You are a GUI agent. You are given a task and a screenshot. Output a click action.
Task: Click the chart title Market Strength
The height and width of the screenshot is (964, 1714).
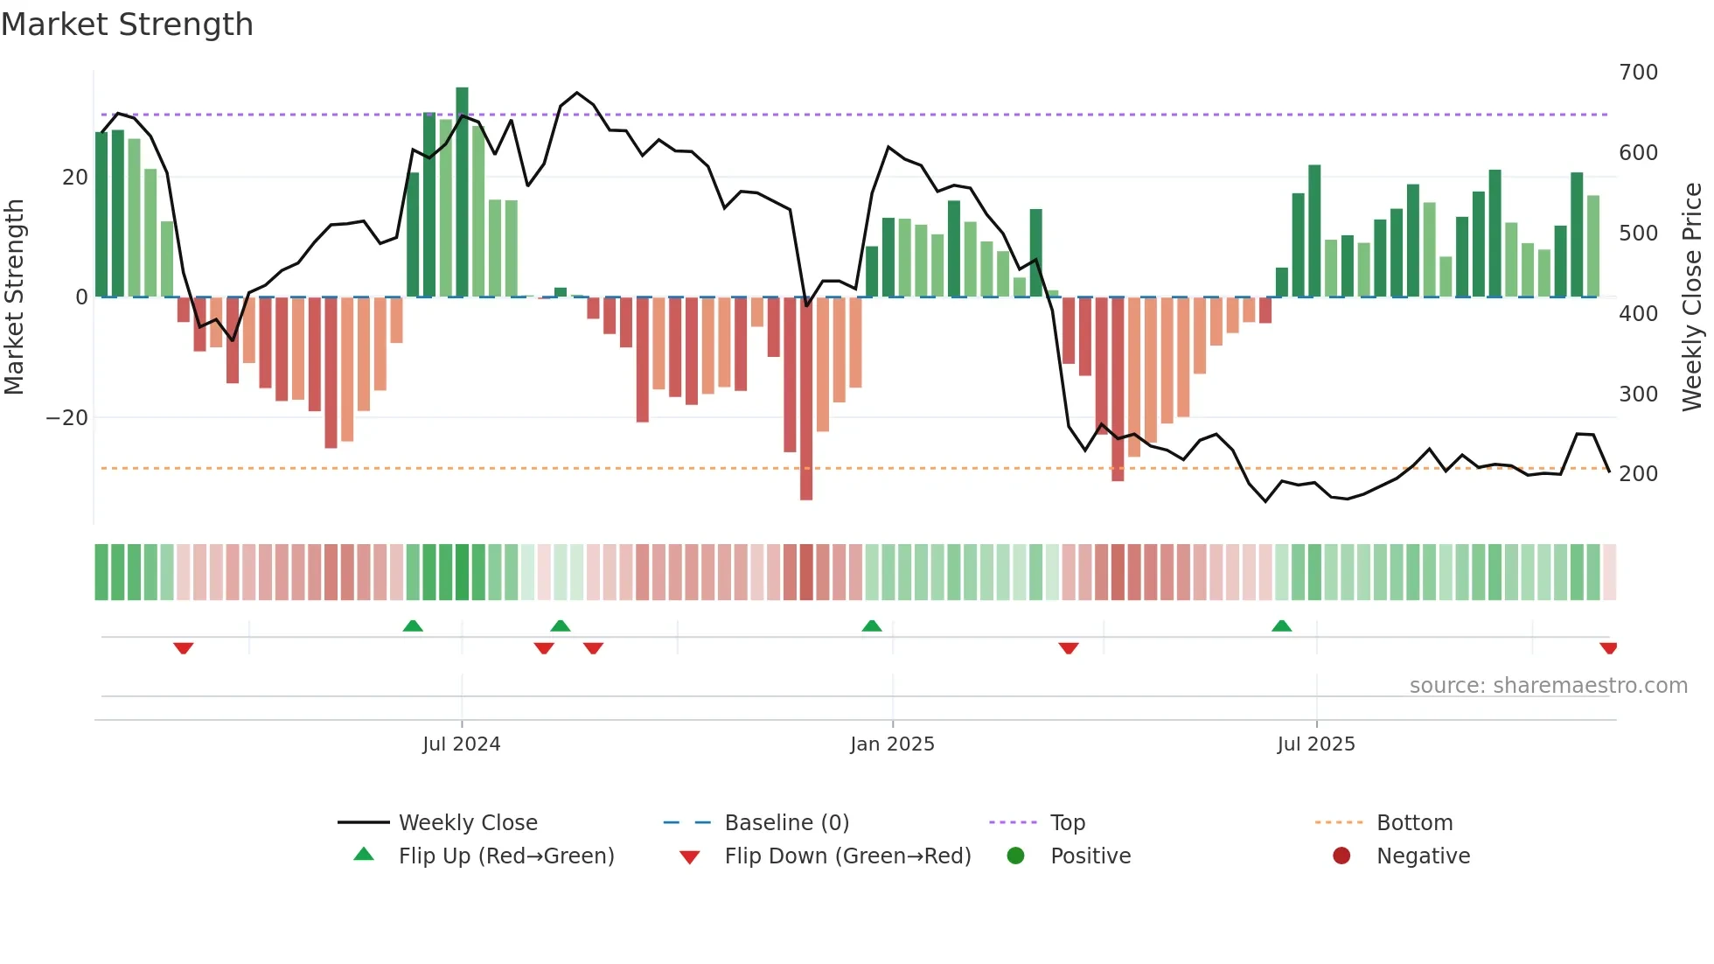(127, 24)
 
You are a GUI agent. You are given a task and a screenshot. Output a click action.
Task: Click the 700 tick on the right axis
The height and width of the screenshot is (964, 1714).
(1638, 73)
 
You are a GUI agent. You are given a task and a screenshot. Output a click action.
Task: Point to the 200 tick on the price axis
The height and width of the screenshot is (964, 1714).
(1638, 474)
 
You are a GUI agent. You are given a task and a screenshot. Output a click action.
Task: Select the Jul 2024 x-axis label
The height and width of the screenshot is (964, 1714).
(461, 744)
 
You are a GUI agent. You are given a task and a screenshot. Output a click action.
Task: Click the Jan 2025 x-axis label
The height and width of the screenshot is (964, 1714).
(892, 744)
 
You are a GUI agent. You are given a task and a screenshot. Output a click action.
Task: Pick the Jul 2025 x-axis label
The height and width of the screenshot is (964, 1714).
(1315, 744)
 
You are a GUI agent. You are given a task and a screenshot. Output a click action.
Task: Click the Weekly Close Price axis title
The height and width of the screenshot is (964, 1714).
(1692, 297)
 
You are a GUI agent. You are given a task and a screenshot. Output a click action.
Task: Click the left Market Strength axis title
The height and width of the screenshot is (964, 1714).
(14, 297)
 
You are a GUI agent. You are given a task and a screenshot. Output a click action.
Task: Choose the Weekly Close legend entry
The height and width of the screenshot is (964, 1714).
(467, 823)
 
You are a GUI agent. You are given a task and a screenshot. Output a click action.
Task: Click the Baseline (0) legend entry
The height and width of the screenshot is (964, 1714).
(786, 823)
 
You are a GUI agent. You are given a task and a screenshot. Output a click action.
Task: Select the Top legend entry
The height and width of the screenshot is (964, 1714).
(1067, 823)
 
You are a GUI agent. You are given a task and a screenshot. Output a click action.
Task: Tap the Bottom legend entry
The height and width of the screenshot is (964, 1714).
(1414, 823)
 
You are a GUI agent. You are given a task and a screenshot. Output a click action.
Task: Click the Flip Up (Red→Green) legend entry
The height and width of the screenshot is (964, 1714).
(505, 856)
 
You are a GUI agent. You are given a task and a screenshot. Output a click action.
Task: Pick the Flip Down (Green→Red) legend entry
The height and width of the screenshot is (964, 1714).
(847, 856)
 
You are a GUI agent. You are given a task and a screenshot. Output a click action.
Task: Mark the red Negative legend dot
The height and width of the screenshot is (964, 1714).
(1341, 856)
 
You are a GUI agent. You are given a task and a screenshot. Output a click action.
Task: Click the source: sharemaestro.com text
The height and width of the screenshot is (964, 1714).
(1548, 686)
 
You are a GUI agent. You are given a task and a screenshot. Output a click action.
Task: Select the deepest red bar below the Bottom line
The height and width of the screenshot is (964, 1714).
(806, 398)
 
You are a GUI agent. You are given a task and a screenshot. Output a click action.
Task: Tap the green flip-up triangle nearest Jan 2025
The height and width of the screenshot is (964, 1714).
(872, 625)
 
